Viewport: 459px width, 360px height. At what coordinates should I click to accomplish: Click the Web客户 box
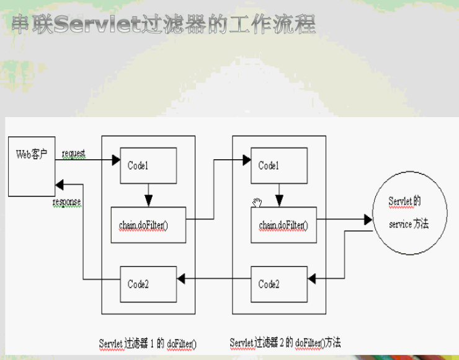tap(31, 165)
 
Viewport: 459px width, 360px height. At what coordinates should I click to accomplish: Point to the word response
tap(67, 203)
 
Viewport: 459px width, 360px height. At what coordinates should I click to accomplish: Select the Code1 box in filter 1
tap(148, 165)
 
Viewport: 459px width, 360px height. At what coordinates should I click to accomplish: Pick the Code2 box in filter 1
tap(148, 284)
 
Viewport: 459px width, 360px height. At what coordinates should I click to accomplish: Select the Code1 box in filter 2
tap(279, 165)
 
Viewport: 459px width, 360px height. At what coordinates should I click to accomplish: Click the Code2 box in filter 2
tap(279, 284)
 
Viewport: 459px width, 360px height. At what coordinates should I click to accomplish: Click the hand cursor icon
tap(257, 203)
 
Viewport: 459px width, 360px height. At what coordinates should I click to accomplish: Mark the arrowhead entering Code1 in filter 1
tap(116, 160)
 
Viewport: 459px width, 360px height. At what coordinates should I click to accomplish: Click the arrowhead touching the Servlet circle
tap(368, 219)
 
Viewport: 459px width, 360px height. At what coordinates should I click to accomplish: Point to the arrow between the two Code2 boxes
tap(213, 279)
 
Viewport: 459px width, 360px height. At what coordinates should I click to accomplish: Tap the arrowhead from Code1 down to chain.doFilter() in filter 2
tap(279, 202)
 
